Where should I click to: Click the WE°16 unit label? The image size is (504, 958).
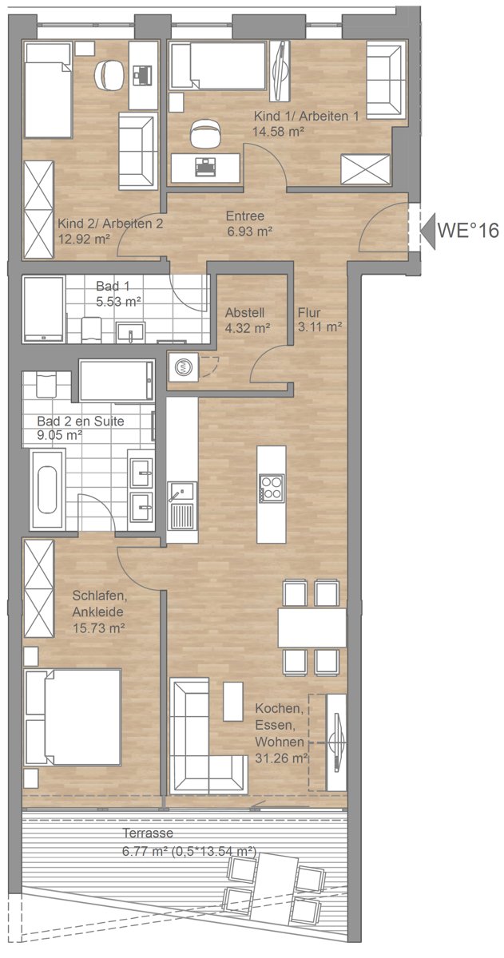pos(467,231)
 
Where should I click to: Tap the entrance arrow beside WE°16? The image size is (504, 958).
pos(428,231)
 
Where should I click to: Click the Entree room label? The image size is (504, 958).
pos(244,216)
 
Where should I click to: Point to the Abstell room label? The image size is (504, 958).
pos(244,313)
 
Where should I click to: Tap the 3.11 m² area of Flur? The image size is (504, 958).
pos(319,327)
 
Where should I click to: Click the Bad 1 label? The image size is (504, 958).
pos(113,286)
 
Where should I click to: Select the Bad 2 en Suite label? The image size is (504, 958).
pos(81,422)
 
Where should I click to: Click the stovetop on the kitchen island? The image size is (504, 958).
pos(272,488)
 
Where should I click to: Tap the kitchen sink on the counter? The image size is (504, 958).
pos(182,505)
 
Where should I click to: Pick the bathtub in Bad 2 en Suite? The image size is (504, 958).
pos(47,489)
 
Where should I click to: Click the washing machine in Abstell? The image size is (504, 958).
pos(184,367)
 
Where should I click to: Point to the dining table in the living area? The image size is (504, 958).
pos(312,627)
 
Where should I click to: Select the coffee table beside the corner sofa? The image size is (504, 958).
pos(233,702)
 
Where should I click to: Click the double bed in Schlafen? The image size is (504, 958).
pos(73,717)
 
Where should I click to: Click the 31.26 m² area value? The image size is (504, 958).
pos(281,758)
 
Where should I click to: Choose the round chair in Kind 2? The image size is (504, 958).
pos(109,74)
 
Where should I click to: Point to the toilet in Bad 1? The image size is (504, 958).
pos(91,330)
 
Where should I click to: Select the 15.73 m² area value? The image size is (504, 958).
pos(98,628)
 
